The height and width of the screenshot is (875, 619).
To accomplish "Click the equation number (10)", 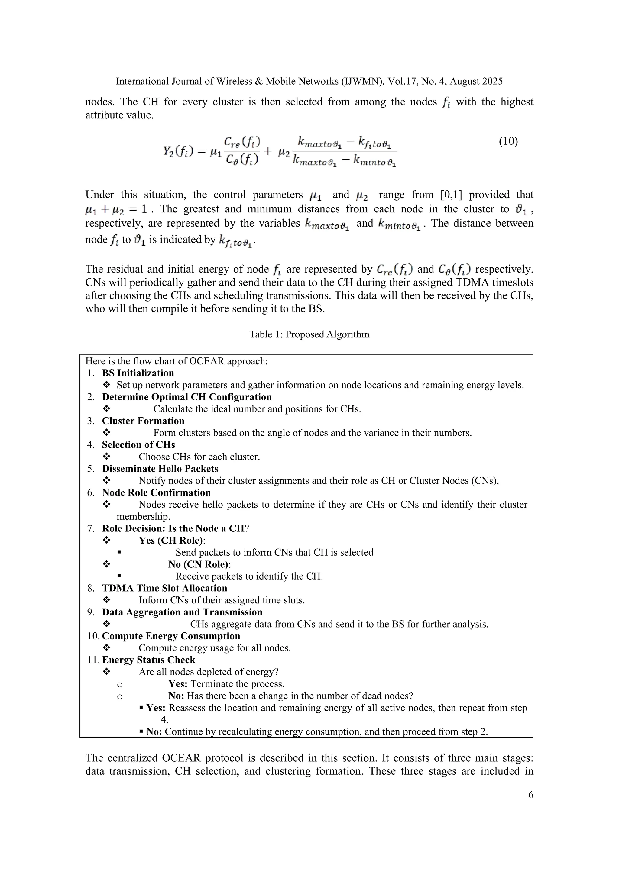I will tap(508, 141).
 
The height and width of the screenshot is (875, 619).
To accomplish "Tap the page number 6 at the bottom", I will tap(530, 795).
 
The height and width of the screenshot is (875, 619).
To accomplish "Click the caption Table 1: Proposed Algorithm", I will tap(309, 334).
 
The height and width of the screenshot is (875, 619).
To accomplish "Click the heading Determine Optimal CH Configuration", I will tap(187, 397).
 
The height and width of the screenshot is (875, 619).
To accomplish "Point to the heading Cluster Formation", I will tap(143, 421).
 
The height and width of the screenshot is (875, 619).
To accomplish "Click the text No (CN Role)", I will tap(199, 564).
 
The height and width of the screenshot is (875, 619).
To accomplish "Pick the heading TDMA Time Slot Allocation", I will tap(164, 588).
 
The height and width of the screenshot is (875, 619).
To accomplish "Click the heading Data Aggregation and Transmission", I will tap(182, 612).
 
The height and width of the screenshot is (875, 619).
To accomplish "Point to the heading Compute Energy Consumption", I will tap(171, 636).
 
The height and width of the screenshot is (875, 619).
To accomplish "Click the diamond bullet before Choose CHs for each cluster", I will tap(107, 456).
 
